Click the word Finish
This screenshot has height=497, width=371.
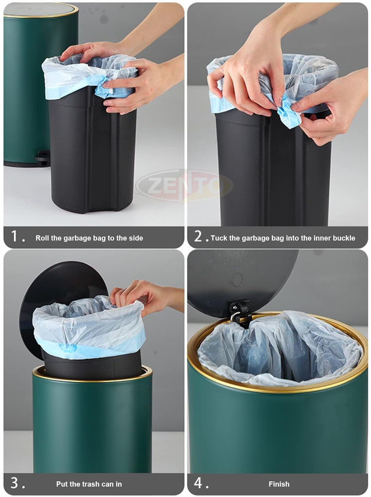279,484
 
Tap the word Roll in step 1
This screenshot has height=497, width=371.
42,238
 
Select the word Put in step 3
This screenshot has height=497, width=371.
62,484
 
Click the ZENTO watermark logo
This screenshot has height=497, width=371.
185,185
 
